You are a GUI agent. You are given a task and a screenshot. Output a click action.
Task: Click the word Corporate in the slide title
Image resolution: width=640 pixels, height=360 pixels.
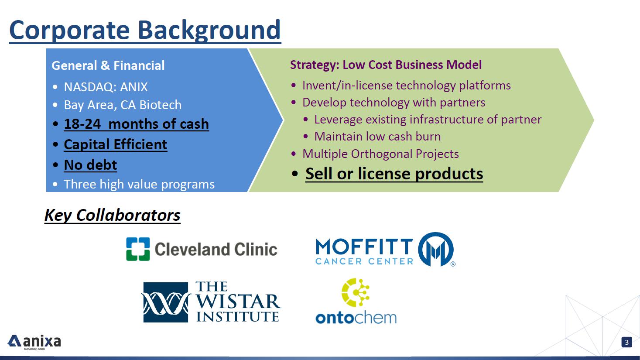(x=69, y=31)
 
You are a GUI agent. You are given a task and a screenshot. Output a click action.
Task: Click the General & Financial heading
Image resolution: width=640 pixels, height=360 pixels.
(x=108, y=65)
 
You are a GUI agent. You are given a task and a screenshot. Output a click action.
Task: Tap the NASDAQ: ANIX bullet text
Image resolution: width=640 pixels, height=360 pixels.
(x=106, y=87)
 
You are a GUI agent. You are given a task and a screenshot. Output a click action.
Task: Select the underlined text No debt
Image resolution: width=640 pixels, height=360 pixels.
(x=90, y=165)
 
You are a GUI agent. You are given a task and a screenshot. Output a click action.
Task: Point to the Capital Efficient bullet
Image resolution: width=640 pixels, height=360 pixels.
(x=116, y=144)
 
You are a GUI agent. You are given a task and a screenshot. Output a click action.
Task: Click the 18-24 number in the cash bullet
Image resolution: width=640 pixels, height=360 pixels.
(x=82, y=124)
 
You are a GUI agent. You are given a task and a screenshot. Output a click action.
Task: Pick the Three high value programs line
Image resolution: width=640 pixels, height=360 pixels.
(x=139, y=184)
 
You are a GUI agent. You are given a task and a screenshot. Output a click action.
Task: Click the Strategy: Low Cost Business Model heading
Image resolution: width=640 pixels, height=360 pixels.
(x=386, y=65)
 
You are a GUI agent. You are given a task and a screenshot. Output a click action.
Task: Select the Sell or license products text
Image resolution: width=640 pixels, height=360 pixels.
(x=394, y=173)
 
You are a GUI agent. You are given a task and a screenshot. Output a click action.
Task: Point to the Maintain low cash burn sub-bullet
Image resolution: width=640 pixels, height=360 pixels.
(x=377, y=136)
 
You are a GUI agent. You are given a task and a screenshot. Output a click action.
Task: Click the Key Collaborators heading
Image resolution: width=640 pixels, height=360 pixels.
(x=112, y=215)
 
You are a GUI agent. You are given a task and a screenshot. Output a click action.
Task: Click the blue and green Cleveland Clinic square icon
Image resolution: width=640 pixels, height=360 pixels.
(x=138, y=249)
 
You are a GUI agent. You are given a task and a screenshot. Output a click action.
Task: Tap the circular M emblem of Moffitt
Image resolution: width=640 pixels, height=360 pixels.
(x=436, y=249)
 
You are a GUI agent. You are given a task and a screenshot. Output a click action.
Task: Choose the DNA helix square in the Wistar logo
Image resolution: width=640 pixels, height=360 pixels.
(x=166, y=302)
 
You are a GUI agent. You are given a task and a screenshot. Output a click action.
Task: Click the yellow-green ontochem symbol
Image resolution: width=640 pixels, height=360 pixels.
(x=356, y=292)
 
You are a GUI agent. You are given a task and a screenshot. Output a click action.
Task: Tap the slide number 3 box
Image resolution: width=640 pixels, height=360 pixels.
(x=626, y=342)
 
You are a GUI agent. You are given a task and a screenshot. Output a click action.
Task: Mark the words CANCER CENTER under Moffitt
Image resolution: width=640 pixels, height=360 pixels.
(x=364, y=261)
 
